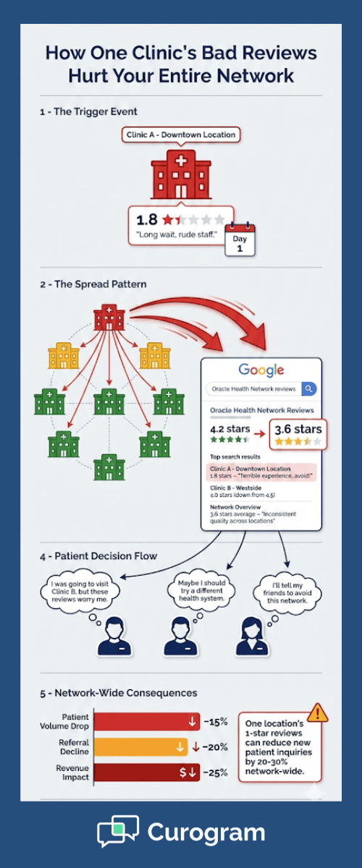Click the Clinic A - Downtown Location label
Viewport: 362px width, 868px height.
pyautogui.click(x=181, y=135)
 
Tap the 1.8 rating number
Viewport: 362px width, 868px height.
pyautogui.click(x=148, y=218)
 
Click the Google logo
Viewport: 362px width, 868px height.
pyautogui.click(x=261, y=370)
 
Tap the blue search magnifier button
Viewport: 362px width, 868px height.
pyautogui.click(x=308, y=388)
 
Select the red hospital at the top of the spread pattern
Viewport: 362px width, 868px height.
pyautogui.click(x=109, y=319)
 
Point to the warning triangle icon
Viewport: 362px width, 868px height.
pyautogui.click(x=317, y=712)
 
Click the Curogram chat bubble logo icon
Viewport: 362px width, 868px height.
pyautogui.click(x=117, y=831)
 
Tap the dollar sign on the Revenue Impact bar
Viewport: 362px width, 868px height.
pyautogui.click(x=184, y=772)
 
